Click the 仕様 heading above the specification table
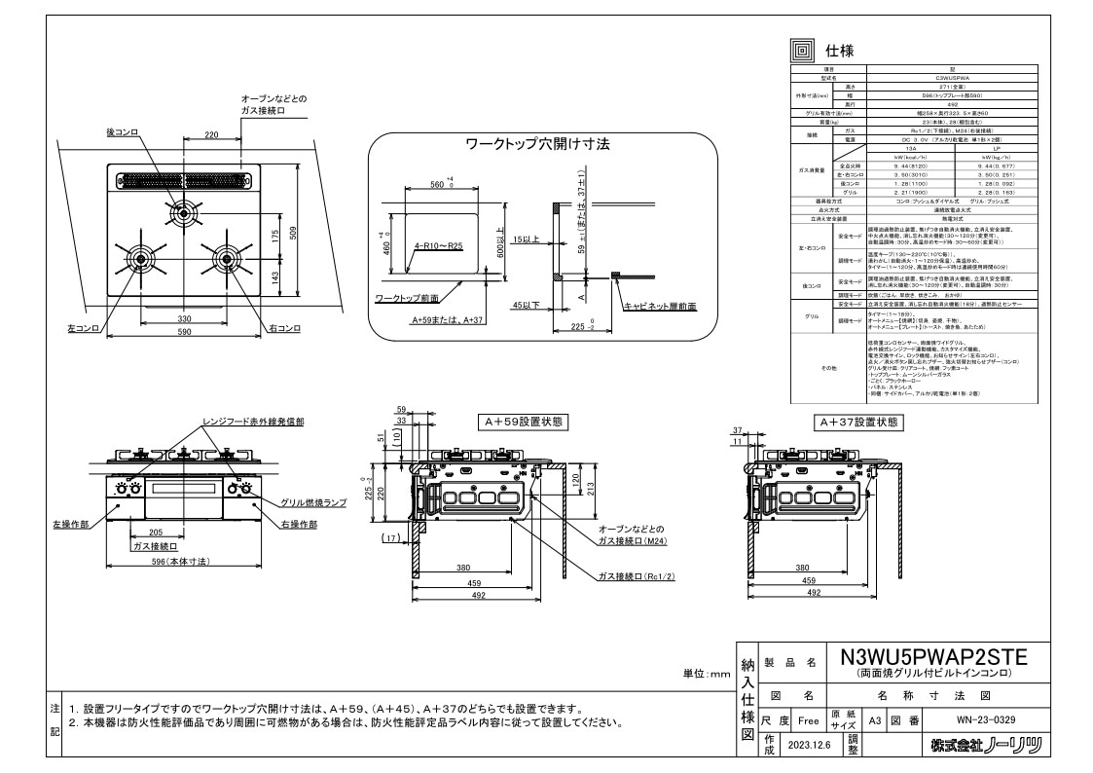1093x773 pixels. point(840,51)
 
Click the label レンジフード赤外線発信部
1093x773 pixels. point(252,422)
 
